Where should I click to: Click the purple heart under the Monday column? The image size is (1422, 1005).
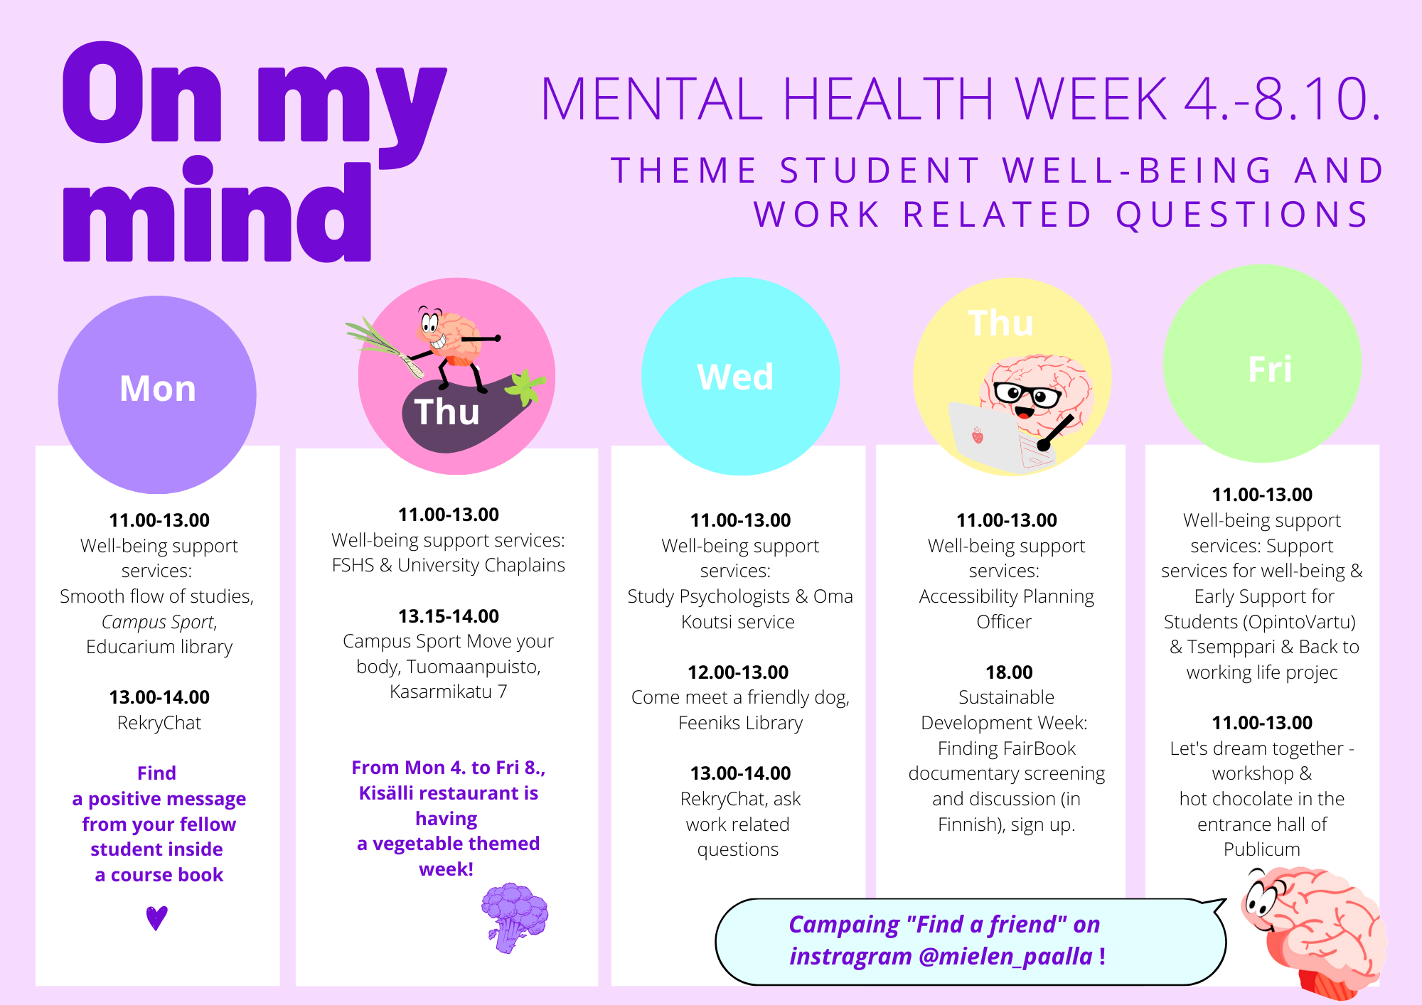[156, 918]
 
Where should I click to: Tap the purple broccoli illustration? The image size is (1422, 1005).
[515, 918]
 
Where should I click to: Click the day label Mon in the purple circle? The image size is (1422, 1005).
[158, 389]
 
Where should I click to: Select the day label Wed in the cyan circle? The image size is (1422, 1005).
[735, 377]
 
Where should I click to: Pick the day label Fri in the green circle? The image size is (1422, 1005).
[1270, 370]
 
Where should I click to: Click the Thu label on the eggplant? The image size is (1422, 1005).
[447, 412]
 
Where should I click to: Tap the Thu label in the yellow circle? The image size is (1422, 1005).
[1000, 323]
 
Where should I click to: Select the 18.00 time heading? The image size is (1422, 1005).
[1009, 672]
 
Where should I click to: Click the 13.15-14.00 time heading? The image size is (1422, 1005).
[449, 616]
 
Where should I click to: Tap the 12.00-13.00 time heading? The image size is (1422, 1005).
[738, 672]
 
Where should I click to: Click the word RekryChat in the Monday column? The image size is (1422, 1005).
[159, 724]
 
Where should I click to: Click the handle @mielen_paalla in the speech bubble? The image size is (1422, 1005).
[1005, 957]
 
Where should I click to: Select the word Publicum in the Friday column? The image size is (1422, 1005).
[1262, 849]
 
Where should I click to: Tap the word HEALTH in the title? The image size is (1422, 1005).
[888, 99]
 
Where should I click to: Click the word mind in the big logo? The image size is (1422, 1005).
[218, 209]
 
